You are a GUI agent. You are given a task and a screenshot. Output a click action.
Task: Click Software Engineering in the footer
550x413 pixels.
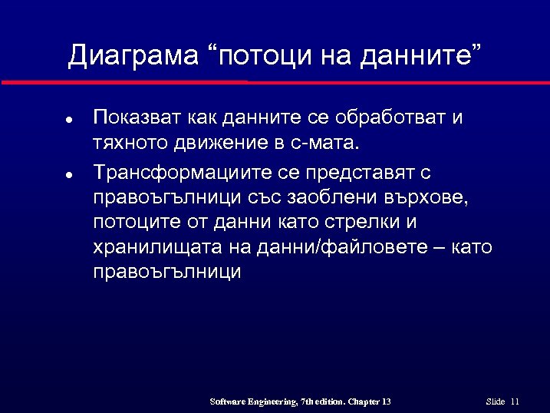(252, 401)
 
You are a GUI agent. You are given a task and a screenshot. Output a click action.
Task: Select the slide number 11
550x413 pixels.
(515, 401)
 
